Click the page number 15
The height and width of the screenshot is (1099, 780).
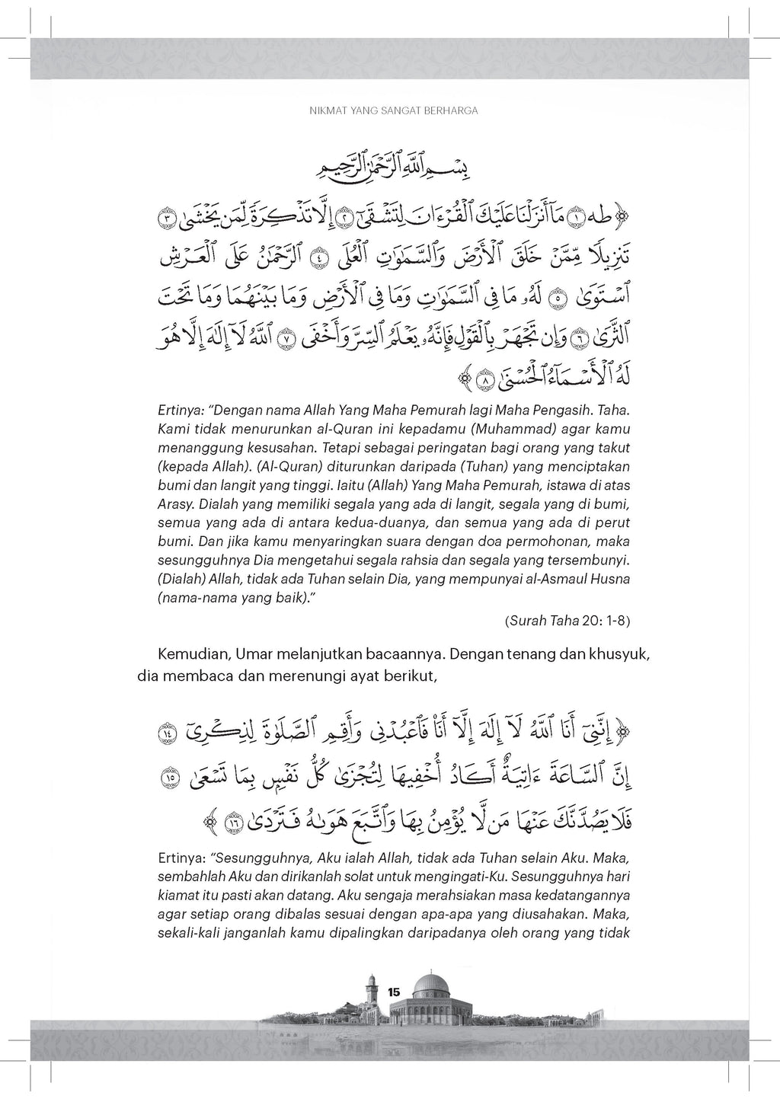pos(394,992)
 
